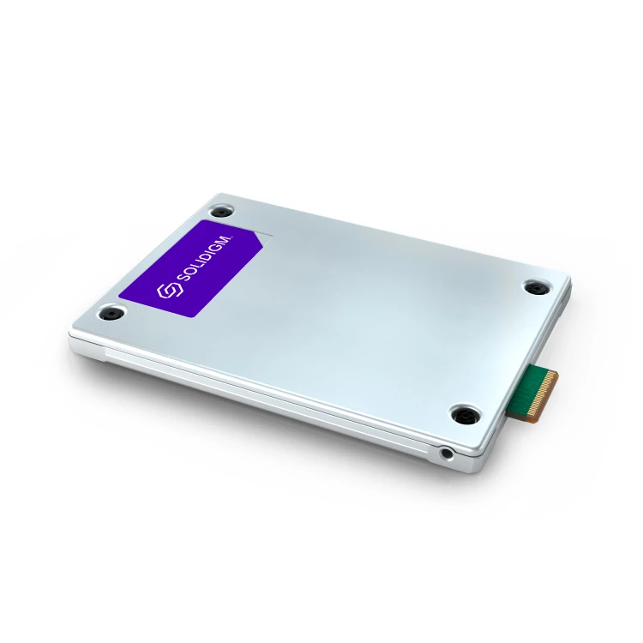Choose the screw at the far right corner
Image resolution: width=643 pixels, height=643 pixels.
tap(537, 288)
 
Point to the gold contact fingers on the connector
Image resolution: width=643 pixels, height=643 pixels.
tap(549, 382)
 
